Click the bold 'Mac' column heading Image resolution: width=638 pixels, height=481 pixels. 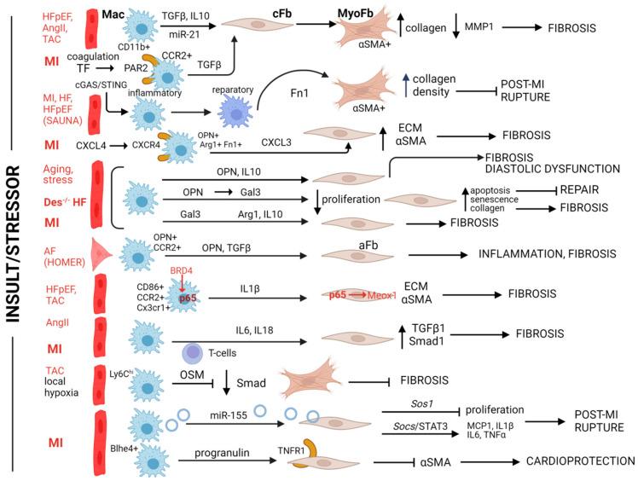pos(114,14)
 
